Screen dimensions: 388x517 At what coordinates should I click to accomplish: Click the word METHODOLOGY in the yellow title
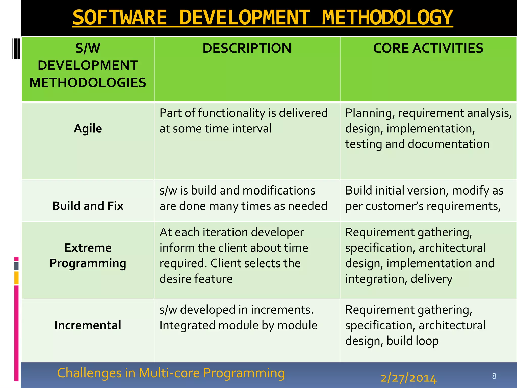coord(387,18)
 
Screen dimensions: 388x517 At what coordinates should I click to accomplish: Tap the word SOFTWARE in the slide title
coord(120,18)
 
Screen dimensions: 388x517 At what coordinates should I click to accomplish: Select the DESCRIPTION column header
coord(247,48)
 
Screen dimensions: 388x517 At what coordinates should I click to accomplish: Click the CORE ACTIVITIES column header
coord(428,48)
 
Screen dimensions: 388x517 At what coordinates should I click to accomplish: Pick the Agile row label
coord(88,129)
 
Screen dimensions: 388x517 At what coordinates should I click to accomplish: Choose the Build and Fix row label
coord(88,206)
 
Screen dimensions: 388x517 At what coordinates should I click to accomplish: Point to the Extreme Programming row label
coord(88,255)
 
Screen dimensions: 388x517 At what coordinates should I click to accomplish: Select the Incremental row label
coord(88,325)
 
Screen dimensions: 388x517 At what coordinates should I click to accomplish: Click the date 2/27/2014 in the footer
coord(408,378)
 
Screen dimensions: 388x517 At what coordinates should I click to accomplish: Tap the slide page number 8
coord(494,376)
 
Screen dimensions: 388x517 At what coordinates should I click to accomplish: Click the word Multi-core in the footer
coord(169,373)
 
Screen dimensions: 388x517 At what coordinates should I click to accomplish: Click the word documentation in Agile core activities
coord(449,144)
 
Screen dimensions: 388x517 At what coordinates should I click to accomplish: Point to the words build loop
coord(412,341)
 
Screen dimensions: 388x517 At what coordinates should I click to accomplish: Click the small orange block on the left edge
coord(16,278)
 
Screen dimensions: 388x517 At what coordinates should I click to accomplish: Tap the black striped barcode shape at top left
coord(16,49)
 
